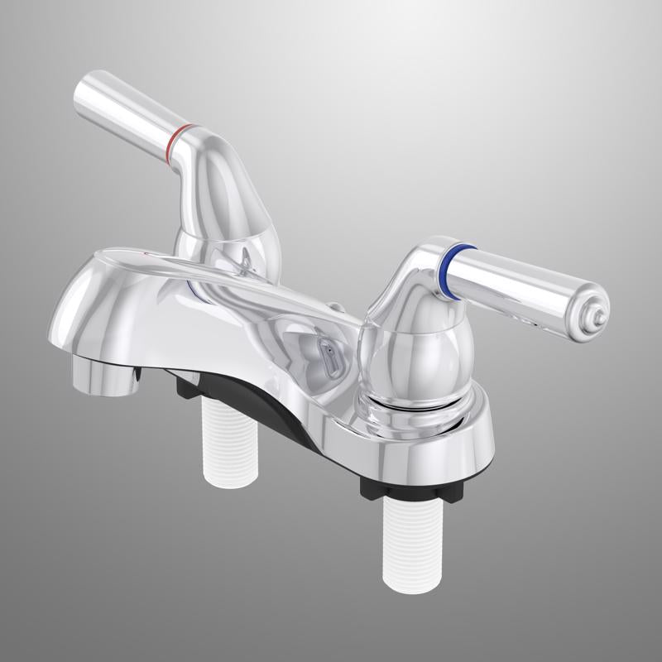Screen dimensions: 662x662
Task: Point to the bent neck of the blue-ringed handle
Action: pos(414,273)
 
